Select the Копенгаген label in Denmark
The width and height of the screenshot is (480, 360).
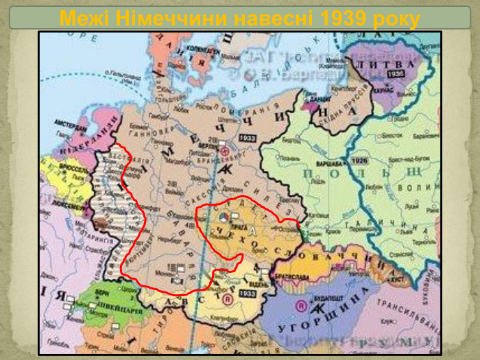[203, 49]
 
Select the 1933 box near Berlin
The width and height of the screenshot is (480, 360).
[246, 139]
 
